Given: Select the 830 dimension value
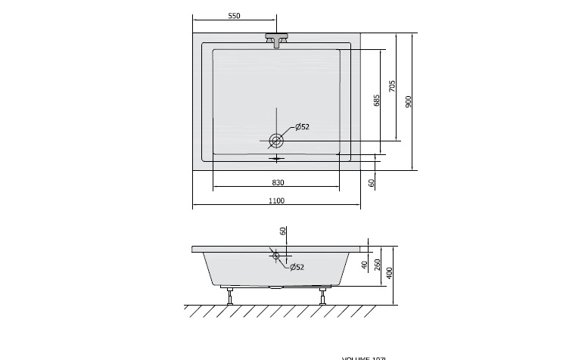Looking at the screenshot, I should pyautogui.click(x=277, y=182).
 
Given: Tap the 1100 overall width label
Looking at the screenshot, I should pyautogui.click(x=276, y=200).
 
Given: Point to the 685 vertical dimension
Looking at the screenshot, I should pyautogui.click(x=376, y=100).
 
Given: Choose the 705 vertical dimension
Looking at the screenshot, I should pyautogui.click(x=391, y=86).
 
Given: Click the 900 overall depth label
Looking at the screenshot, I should pyautogui.click(x=408, y=101).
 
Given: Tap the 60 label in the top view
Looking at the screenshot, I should pyautogui.click(x=372, y=182).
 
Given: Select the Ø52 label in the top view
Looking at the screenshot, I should pyautogui.click(x=302, y=126).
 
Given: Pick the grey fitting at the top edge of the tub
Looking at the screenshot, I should pyautogui.click(x=277, y=39).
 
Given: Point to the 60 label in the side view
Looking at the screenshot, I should pyautogui.click(x=282, y=231).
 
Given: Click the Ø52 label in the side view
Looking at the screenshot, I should pyautogui.click(x=295, y=267).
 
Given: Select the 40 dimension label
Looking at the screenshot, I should pyautogui.click(x=364, y=264).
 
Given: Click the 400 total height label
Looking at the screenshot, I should pyautogui.click(x=390, y=273).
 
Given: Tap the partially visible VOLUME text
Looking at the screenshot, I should pyautogui.click(x=365, y=357).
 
